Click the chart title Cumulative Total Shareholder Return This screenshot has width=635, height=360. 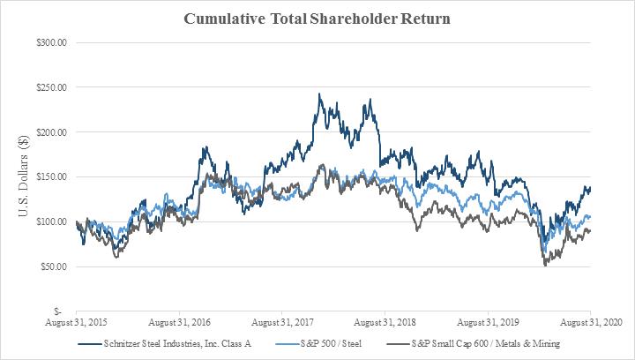click(x=317, y=19)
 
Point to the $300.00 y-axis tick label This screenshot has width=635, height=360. click(x=51, y=42)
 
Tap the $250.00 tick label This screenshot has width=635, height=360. click(x=51, y=87)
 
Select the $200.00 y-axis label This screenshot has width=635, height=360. click(x=51, y=132)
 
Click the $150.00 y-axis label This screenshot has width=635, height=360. click(x=51, y=177)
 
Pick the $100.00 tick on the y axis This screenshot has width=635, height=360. click(x=51, y=222)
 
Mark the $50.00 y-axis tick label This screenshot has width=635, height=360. click(x=54, y=266)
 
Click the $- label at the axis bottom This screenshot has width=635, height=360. click(x=58, y=311)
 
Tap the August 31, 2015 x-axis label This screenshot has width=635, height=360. click(x=76, y=322)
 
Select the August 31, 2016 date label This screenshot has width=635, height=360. click(x=179, y=322)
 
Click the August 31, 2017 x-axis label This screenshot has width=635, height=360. click(x=282, y=322)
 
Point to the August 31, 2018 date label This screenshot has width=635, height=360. click(x=385, y=322)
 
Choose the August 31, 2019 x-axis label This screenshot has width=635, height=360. click(x=488, y=322)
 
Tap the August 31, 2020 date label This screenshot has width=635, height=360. click(x=591, y=322)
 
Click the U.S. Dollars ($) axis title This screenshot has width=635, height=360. click(x=24, y=176)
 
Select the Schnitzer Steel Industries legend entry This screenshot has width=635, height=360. click(x=165, y=344)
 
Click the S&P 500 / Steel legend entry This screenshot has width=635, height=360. click(x=318, y=344)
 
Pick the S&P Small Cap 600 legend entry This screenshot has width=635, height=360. click(x=474, y=344)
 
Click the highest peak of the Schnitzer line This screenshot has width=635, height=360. click(x=319, y=94)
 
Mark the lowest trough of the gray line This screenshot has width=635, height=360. click(x=545, y=266)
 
